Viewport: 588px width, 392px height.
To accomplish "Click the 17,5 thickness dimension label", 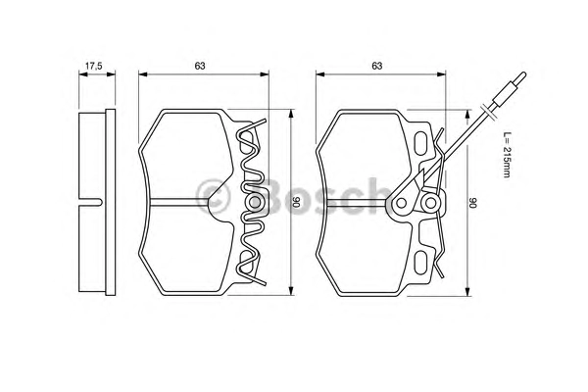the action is click(x=94, y=67).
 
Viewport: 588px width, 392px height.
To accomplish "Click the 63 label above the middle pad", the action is click(x=200, y=66).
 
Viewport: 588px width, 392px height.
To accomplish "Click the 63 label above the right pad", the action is click(x=377, y=66).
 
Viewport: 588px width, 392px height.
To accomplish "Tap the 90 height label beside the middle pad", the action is click(x=297, y=202).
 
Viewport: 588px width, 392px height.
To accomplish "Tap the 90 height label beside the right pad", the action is click(x=473, y=204).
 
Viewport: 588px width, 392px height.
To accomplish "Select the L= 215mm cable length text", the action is click(x=507, y=155).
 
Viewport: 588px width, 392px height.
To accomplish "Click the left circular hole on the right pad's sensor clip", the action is click(x=401, y=203).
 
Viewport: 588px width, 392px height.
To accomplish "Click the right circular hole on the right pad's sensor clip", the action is click(x=430, y=203).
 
